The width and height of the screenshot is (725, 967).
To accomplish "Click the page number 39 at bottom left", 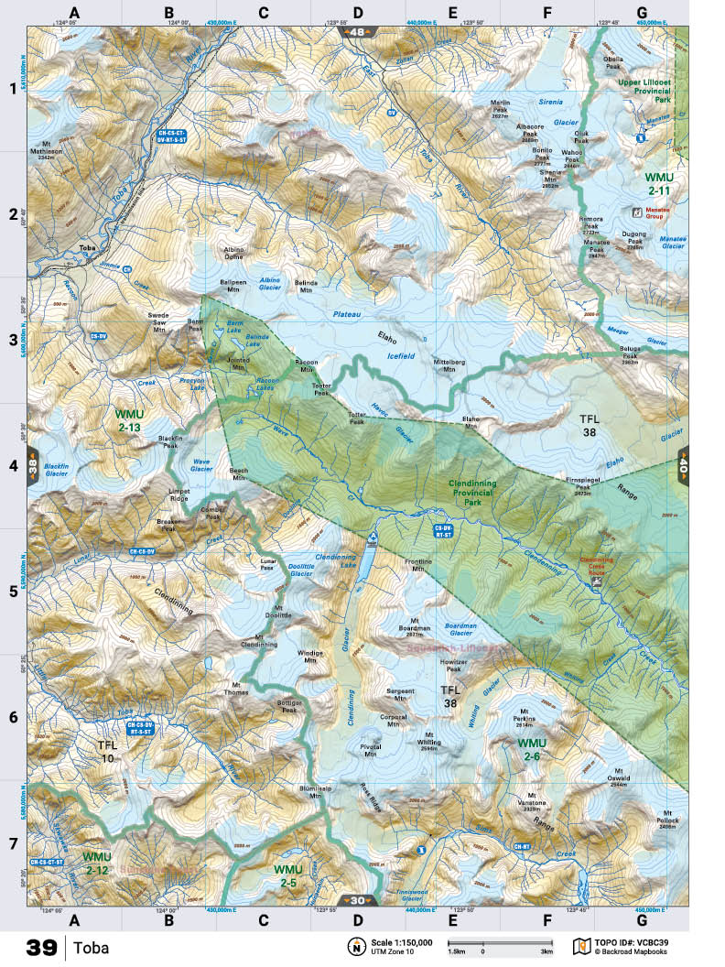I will pyautogui.click(x=42, y=947).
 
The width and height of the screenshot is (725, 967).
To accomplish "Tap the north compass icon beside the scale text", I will pyautogui.click(x=354, y=946).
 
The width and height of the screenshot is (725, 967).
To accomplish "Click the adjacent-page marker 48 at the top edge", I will pyautogui.click(x=357, y=31).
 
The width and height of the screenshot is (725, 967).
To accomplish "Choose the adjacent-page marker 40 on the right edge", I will pyautogui.click(x=682, y=464).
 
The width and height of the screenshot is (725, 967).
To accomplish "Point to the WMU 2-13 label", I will pyautogui.click(x=128, y=420).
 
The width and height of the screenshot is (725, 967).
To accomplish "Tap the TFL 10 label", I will pyautogui.click(x=107, y=752).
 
